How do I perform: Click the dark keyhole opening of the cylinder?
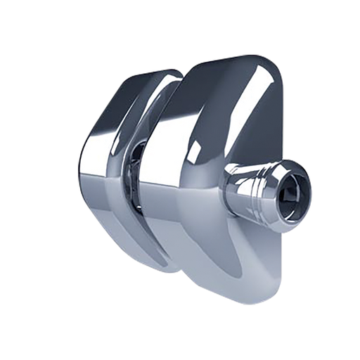click(x=294, y=191)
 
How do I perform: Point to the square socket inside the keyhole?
click(x=290, y=192)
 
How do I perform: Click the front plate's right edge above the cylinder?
click(x=281, y=127)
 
